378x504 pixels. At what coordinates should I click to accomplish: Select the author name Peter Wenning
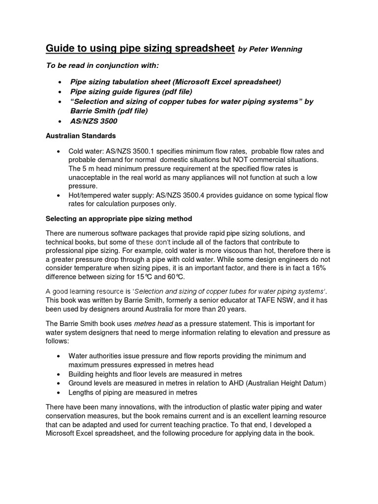(x=276, y=49)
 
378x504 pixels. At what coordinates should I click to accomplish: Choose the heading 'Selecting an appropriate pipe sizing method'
(x=119, y=218)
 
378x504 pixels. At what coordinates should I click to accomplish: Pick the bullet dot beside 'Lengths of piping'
(x=59, y=393)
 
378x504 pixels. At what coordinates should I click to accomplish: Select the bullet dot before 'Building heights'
(x=59, y=374)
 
